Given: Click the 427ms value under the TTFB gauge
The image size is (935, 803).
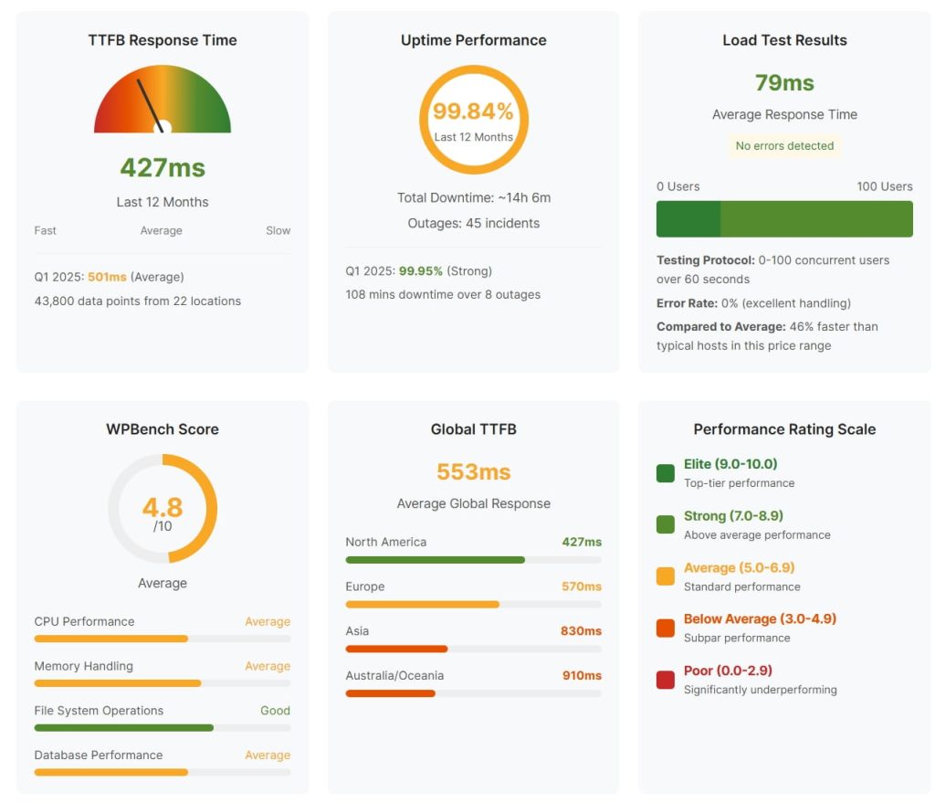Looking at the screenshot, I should (163, 168).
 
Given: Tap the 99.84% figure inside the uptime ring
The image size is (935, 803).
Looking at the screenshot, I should (473, 111).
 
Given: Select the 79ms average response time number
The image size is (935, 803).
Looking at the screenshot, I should (784, 83).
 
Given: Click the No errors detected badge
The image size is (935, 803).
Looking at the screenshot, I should (784, 145).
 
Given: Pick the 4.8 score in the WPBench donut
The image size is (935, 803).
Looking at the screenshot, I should (163, 507).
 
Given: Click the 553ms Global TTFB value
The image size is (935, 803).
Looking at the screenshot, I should (473, 471).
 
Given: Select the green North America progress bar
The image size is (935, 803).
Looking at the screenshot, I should (435, 559).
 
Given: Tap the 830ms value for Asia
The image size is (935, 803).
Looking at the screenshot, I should (581, 630).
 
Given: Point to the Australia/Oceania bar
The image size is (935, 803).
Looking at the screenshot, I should (390, 693).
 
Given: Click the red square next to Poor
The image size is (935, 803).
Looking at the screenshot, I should (666, 680).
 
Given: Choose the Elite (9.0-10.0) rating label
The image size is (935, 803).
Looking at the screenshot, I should (730, 464).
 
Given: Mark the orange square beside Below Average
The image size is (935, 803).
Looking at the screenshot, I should (666, 628).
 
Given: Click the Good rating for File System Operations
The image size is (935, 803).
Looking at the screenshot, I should (275, 711).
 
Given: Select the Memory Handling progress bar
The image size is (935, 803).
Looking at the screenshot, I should (117, 683).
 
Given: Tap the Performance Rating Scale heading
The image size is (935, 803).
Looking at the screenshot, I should (784, 429).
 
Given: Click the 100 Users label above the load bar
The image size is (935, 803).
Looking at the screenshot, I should (884, 186).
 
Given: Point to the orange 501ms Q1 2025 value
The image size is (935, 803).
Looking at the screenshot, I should (107, 277).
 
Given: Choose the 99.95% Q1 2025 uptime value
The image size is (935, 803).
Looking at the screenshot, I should (420, 271).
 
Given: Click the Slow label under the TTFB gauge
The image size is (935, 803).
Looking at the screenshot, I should (278, 231).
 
